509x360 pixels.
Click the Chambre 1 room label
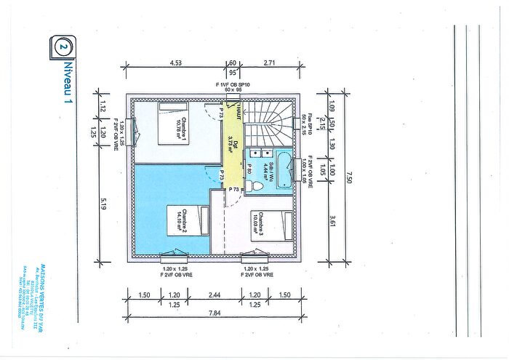(186, 128)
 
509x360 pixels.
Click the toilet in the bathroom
(254, 186)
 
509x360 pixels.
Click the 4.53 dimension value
(175, 63)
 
